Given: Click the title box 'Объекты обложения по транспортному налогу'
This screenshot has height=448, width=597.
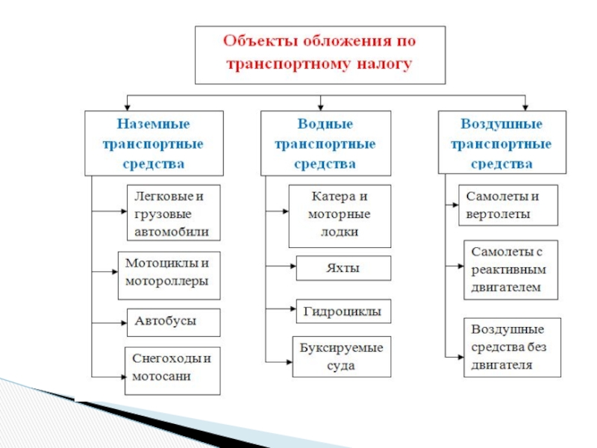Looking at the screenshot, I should tap(320, 55).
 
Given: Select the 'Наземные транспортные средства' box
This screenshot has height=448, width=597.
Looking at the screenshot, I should tap(153, 143).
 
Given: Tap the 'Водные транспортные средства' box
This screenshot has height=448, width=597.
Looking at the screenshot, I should tap(325, 143).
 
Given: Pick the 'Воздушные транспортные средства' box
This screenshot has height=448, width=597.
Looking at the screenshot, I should tap(501, 143).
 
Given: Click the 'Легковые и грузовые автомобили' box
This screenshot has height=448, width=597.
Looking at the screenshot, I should tap(174, 214).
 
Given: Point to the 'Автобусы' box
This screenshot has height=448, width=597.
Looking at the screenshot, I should tap(174, 322).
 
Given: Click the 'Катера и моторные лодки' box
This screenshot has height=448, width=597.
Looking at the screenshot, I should tap(340, 216).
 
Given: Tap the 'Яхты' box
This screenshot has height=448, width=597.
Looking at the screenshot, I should tap(343, 268).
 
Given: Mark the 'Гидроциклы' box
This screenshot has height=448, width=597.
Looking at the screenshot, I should tap(343, 311).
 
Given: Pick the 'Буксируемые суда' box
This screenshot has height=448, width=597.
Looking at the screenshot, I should tap(341, 358).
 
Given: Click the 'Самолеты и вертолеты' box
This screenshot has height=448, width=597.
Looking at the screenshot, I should tap(507, 205).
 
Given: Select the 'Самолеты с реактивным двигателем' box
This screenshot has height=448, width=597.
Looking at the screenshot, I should tap(510, 270).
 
